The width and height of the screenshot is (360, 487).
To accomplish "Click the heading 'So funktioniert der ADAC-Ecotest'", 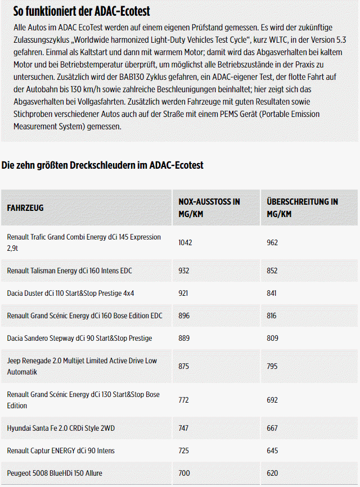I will click(x=82, y=11).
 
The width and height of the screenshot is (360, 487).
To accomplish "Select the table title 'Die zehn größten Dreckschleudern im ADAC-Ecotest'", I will click(x=102, y=165).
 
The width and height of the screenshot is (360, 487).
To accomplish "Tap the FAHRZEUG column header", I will click(x=25, y=208).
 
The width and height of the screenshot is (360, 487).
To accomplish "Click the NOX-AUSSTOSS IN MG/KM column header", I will click(x=209, y=208).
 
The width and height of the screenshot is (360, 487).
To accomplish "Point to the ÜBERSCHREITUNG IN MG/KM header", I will click(x=302, y=208).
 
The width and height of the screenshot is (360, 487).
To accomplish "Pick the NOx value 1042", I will click(x=185, y=242).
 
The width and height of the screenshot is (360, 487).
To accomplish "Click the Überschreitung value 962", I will click(x=273, y=242).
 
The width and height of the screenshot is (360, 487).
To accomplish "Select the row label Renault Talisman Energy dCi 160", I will click(x=69, y=270).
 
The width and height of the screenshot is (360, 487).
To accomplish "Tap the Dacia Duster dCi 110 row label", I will click(x=70, y=293).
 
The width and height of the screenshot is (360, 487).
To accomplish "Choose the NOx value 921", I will click(x=184, y=293).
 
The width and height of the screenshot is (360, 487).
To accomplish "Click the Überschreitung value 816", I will click(x=272, y=315).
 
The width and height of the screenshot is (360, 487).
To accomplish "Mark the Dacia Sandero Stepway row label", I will click(x=79, y=338).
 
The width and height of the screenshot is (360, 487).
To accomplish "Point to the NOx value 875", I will click(x=184, y=366).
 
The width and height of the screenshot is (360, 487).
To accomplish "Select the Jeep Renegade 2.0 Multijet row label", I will click(x=82, y=366).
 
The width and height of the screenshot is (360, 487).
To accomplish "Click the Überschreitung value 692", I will click(x=272, y=400).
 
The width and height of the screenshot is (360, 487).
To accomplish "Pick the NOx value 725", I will click(x=184, y=450).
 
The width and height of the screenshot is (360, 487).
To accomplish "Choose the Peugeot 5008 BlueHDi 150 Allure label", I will click(x=55, y=473).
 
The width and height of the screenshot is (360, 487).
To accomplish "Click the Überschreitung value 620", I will click(x=272, y=473).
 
